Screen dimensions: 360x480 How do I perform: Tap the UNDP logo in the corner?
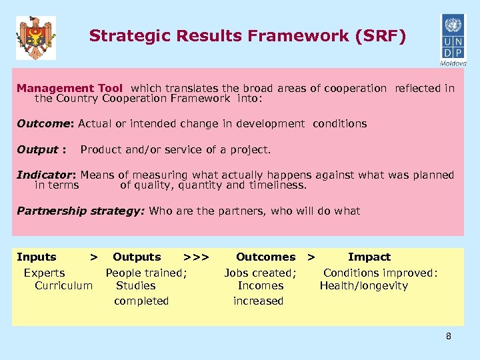click(453, 38)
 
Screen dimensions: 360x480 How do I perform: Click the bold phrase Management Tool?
click(70, 88)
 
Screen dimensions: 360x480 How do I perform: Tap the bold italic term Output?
click(39, 149)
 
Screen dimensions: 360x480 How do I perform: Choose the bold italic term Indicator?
click(47, 175)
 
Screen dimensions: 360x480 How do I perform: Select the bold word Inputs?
click(37, 257)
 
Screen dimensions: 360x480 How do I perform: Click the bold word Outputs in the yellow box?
click(137, 257)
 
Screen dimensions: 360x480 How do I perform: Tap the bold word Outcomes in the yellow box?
click(265, 257)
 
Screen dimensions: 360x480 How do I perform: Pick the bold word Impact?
click(369, 257)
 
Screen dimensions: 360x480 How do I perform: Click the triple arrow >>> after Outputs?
click(197, 257)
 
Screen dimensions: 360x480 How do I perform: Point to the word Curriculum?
click(63, 285)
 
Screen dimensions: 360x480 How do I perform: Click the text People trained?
click(147, 272)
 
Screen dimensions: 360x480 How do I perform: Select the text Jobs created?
click(260, 272)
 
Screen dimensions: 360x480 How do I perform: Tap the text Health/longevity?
click(364, 285)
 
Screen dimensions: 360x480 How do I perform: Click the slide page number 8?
click(449, 336)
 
